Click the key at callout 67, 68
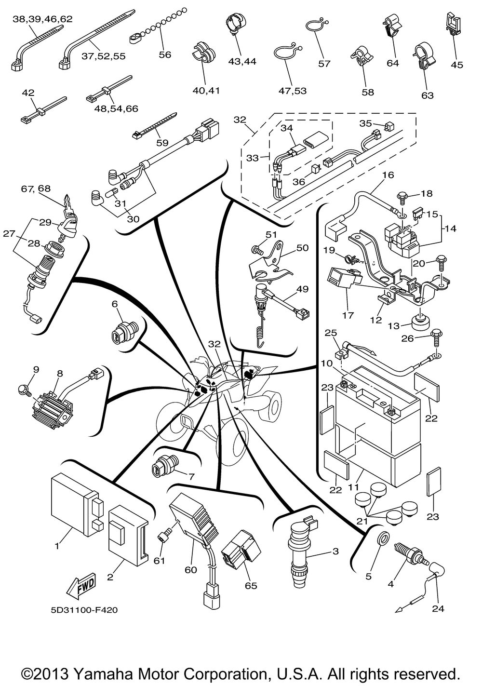[69, 204]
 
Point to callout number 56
[165, 54]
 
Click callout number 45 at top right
[456, 64]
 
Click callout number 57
[324, 63]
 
